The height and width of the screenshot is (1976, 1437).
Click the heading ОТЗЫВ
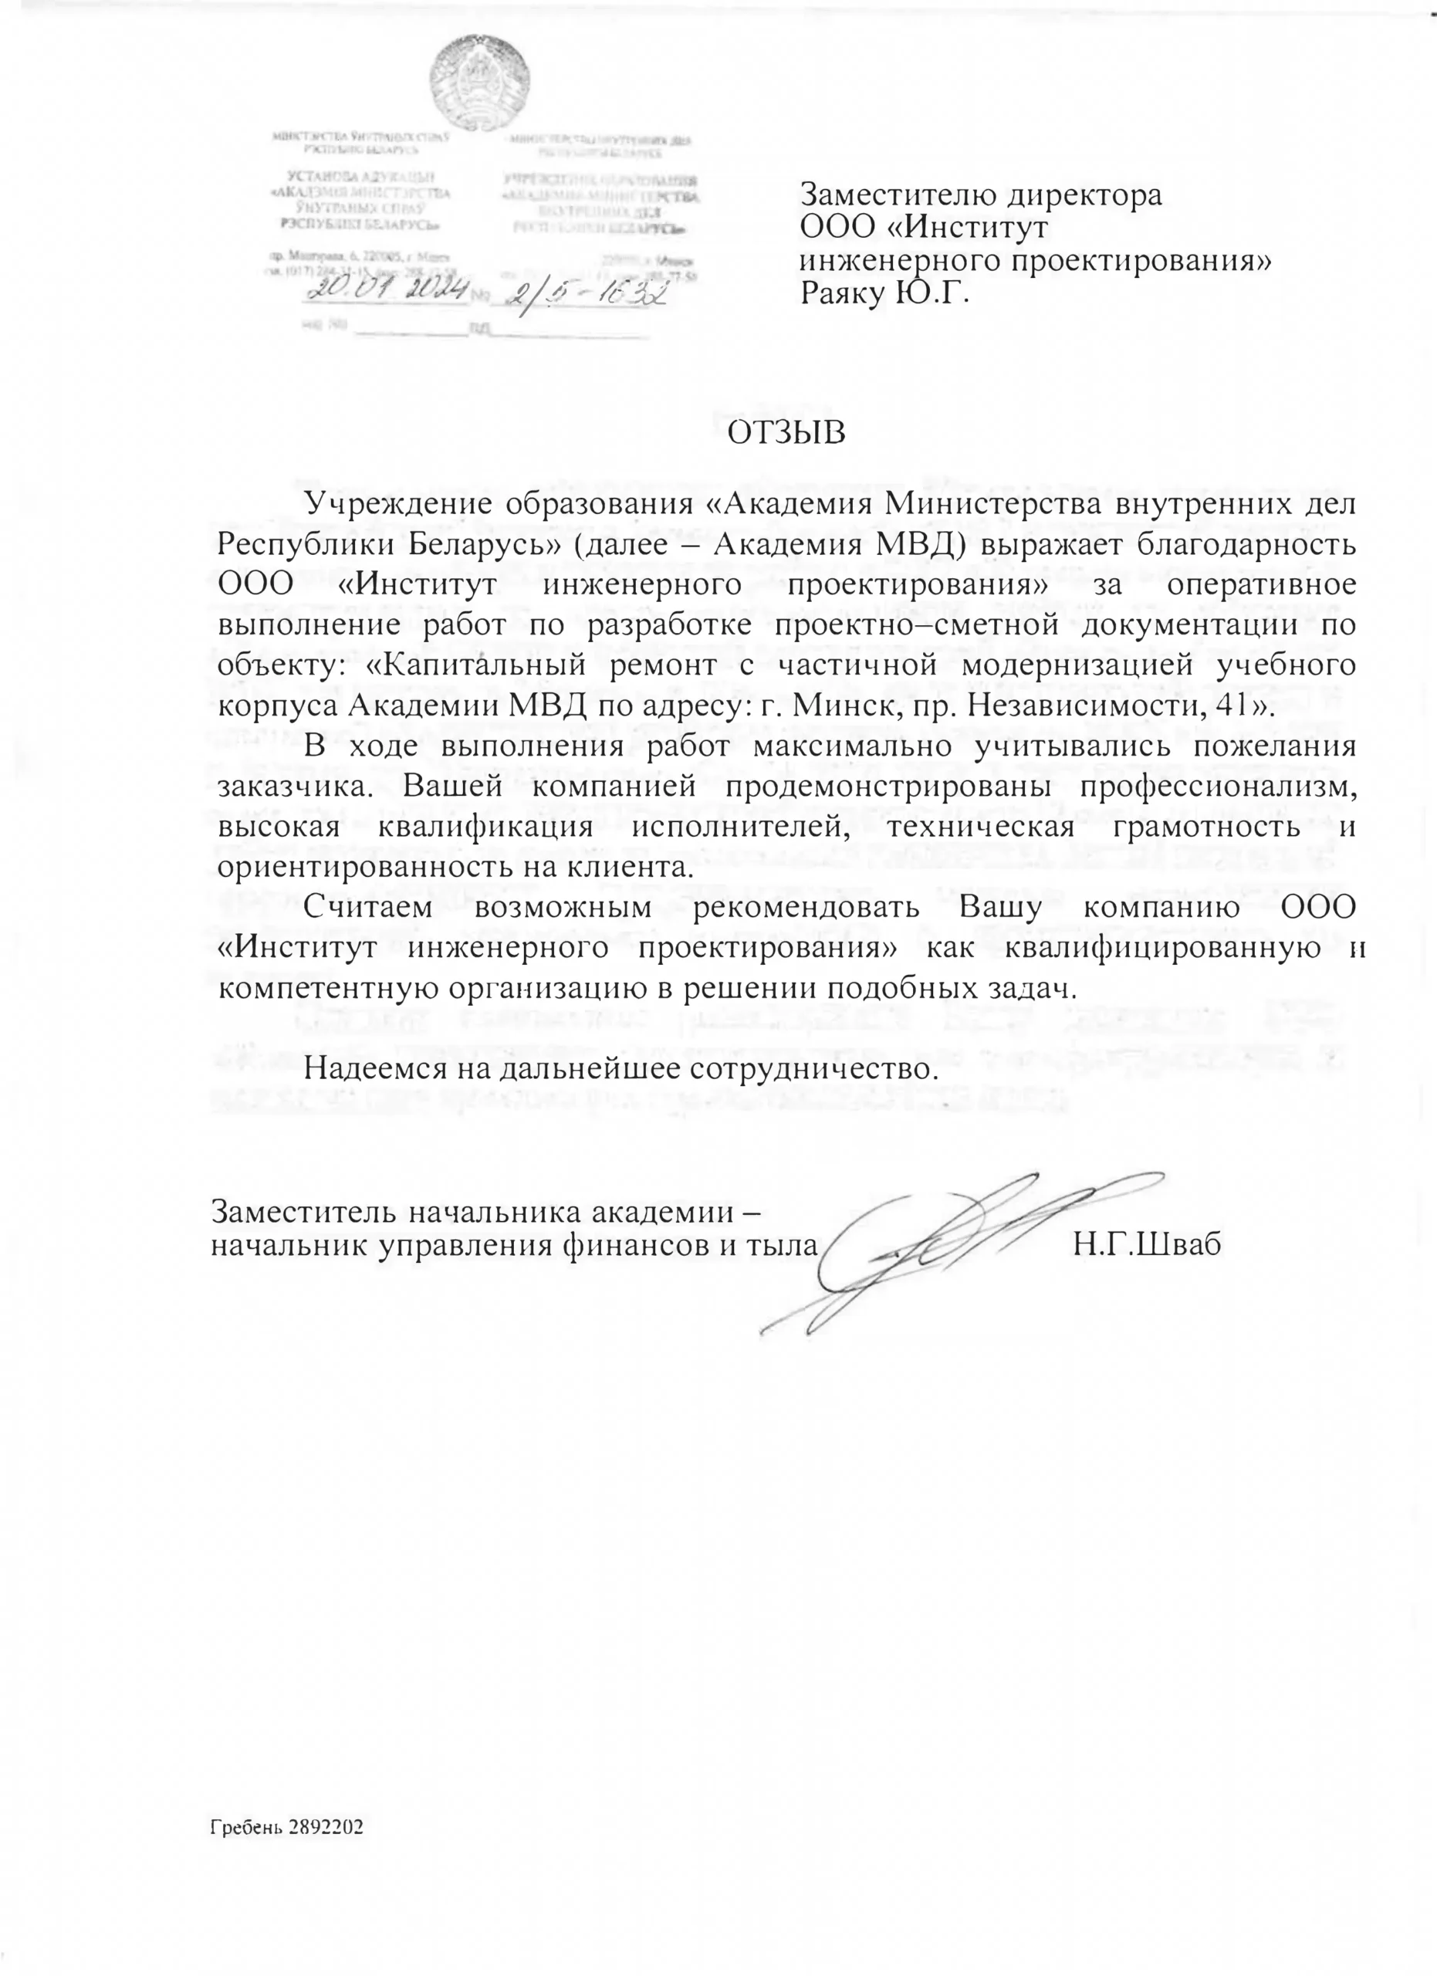click(x=786, y=432)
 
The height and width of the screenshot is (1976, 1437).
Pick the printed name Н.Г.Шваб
click(x=1147, y=1243)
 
